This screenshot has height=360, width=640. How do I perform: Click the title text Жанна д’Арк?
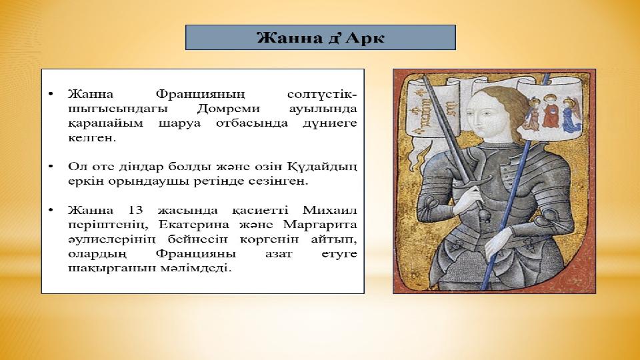tap(321, 38)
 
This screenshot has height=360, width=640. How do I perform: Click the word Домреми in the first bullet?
tap(228, 109)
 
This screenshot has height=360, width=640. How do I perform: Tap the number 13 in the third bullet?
tap(135, 210)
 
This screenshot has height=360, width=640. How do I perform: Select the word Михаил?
tap(330, 210)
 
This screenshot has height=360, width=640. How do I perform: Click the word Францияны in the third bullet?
tap(196, 254)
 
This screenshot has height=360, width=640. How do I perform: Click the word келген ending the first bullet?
tap(92, 138)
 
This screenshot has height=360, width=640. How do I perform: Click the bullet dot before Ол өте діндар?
tap(51, 167)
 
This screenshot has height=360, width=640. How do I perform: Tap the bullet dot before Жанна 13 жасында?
tap(51, 210)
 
